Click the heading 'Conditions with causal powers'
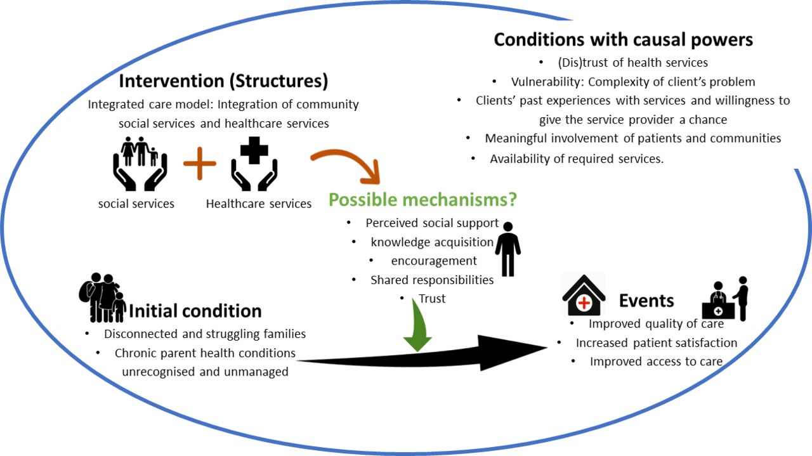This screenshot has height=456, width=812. (623, 40)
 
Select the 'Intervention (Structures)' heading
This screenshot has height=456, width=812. (223, 81)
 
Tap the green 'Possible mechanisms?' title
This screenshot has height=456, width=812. (422, 200)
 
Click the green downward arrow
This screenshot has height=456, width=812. (417, 327)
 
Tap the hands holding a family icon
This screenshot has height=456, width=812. (140, 164)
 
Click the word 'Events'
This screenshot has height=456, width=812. (646, 301)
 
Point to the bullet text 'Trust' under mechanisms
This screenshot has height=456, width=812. (431, 299)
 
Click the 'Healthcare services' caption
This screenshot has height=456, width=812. (259, 204)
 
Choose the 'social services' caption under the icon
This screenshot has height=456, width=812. (136, 204)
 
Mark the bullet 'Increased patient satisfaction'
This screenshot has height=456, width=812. (656, 343)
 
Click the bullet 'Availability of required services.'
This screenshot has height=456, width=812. (576, 159)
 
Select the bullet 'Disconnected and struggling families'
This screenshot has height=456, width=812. (205, 334)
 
